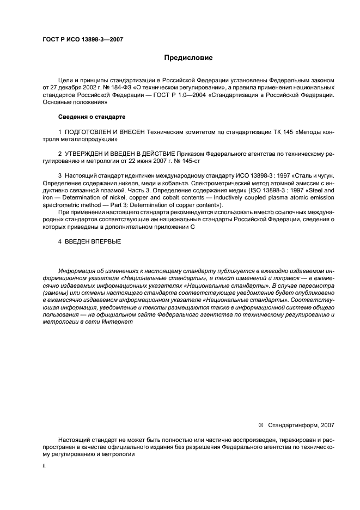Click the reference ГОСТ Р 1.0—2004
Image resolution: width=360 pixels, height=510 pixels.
[x=174, y=94]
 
